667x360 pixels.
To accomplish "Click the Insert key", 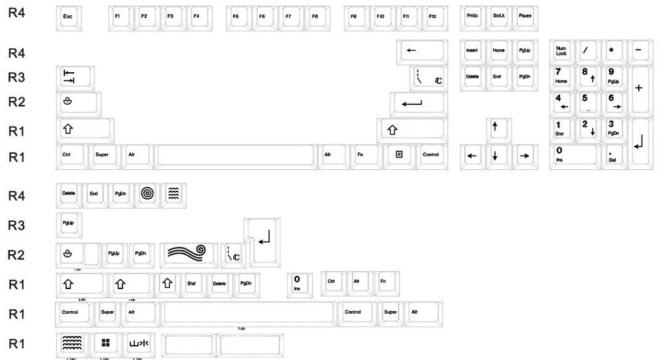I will pos(472,51).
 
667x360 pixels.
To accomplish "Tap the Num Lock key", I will pos(562,51).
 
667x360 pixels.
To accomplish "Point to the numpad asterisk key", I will pos(612,51).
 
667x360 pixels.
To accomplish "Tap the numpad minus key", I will pos(638,51).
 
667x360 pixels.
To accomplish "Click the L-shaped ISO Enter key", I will pos(264,242).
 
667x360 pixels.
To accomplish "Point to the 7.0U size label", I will pos(242,329).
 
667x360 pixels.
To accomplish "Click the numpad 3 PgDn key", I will pos(613,128).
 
